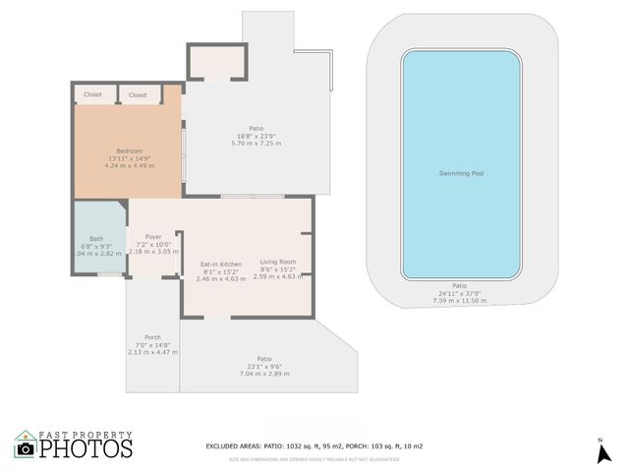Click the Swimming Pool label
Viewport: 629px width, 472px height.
[460, 174]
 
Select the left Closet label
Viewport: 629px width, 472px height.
[92, 95]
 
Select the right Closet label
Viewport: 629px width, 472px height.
[138, 95]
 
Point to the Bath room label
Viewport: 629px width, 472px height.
[96, 239]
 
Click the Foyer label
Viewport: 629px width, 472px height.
[153, 237]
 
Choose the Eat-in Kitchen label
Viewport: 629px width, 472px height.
[221, 264]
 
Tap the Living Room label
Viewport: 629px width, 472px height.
[278, 261]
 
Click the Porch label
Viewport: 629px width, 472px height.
[152, 337]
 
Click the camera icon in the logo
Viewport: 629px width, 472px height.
[26, 449]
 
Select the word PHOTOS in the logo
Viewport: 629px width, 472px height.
[86, 448]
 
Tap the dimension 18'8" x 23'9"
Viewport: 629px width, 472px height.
[256, 136]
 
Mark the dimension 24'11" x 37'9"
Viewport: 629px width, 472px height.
[460, 293]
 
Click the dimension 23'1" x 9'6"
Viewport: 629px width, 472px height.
[263, 367]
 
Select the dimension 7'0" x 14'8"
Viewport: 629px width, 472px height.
[152, 344]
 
